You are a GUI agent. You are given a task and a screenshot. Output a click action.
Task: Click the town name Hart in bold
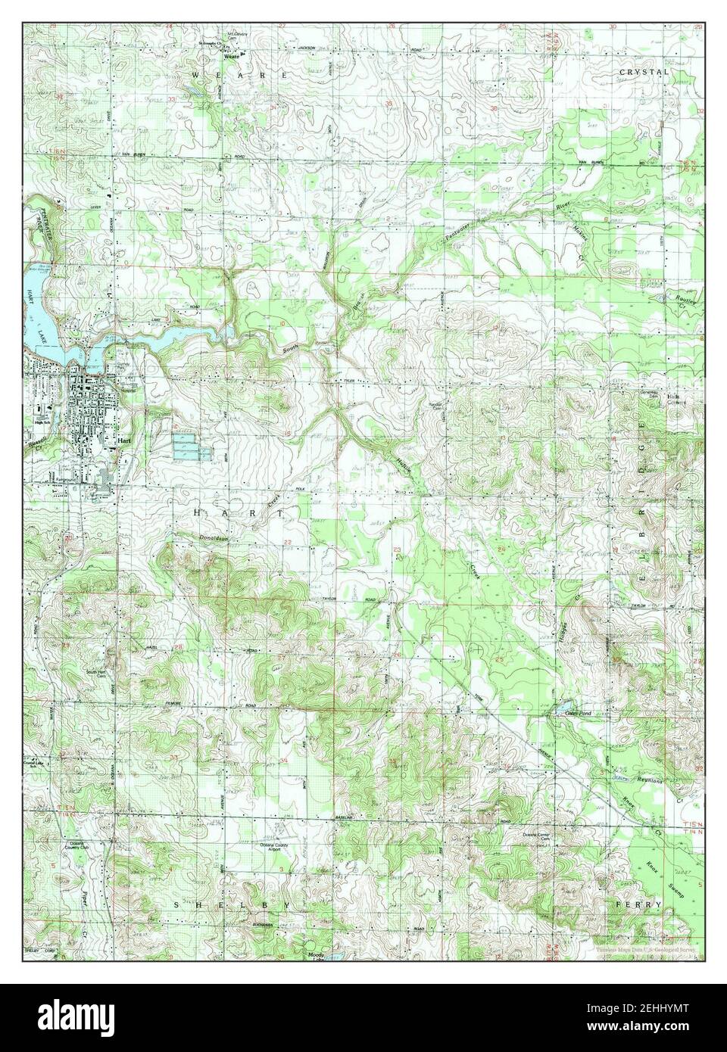[125, 439]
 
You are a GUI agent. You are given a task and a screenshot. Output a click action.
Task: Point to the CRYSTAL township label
[644, 72]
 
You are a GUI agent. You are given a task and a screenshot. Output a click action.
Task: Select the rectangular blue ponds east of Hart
[190, 447]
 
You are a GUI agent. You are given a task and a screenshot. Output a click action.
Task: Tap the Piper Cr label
[83, 920]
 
